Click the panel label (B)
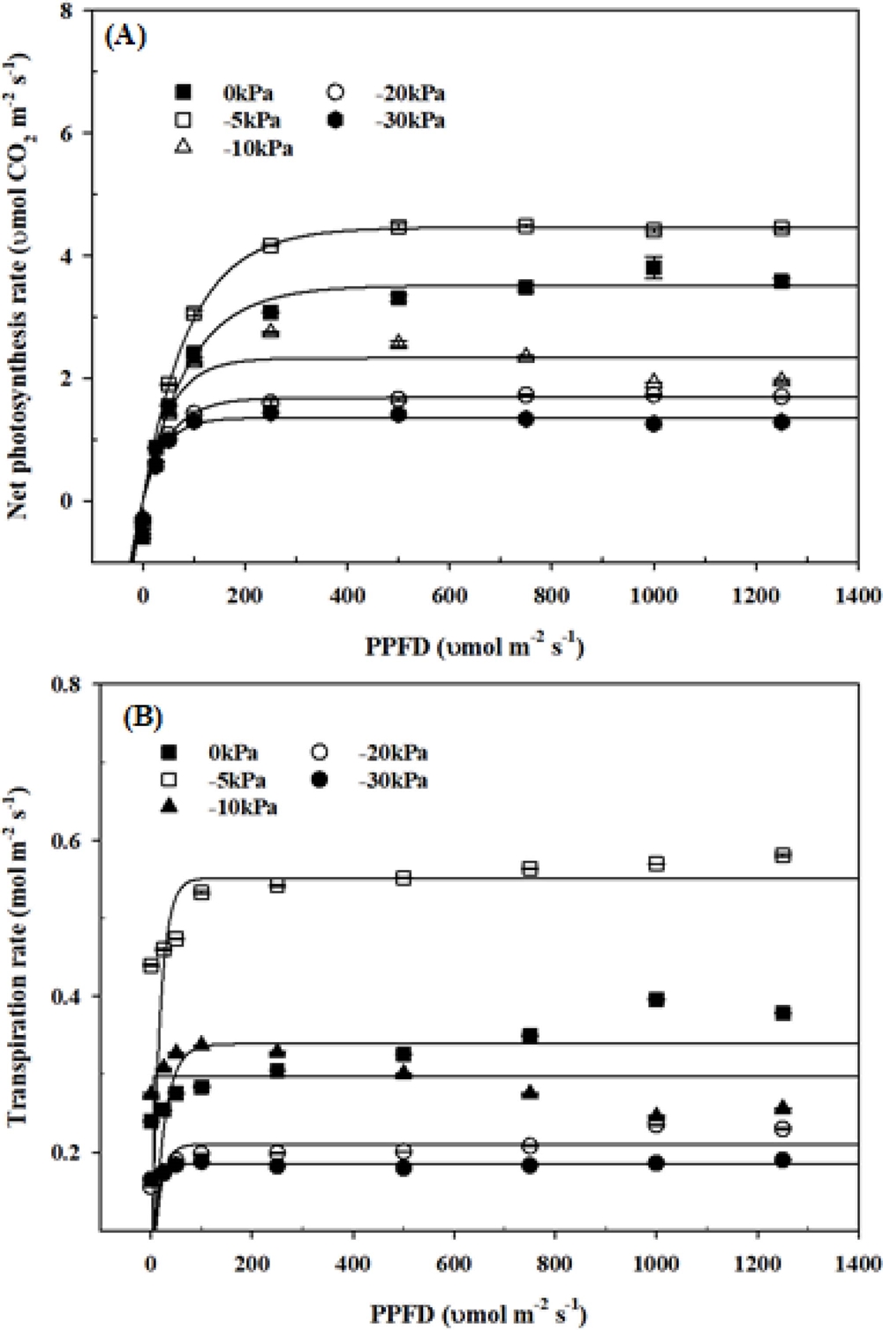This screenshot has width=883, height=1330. pyautogui.click(x=142, y=716)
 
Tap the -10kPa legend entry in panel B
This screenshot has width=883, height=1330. pyautogui.click(x=223, y=806)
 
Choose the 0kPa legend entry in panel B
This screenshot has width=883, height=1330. pyautogui.click(x=216, y=752)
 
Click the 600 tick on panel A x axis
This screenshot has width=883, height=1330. pyautogui.click(x=449, y=595)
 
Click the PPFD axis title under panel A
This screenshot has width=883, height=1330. pyautogui.click(x=474, y=647)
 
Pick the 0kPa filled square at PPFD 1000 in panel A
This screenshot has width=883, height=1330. pyautogui.click(x=653, y=268)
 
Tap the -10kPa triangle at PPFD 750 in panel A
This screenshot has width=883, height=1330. pyautogui.click(x=526, y=355)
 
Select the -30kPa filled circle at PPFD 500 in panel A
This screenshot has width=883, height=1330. pyautogui.click(x=399, y=414)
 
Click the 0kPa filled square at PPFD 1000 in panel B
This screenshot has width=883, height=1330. pyautogui.click(x=656, y=999)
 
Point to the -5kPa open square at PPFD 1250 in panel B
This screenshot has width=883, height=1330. pyautogui.click(x=782, y=854)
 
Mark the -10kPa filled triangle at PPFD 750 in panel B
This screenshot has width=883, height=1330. pyautogui.click(x=530, y=1092)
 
